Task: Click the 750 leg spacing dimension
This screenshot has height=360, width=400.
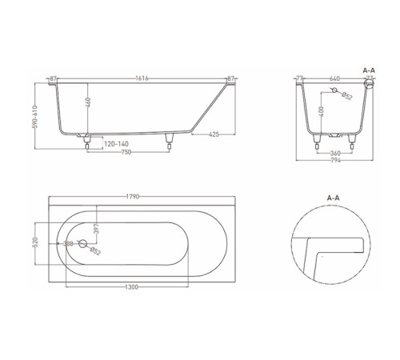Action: tap(126, 153)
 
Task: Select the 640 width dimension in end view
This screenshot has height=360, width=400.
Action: tap(334, 78)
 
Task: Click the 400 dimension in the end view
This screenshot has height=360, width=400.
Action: tap(322, 110)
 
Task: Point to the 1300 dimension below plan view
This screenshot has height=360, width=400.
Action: tap(128, 286)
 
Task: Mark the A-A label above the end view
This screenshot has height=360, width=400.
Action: tap(370, 70)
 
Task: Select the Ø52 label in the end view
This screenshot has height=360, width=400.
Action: tap(346, 98)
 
